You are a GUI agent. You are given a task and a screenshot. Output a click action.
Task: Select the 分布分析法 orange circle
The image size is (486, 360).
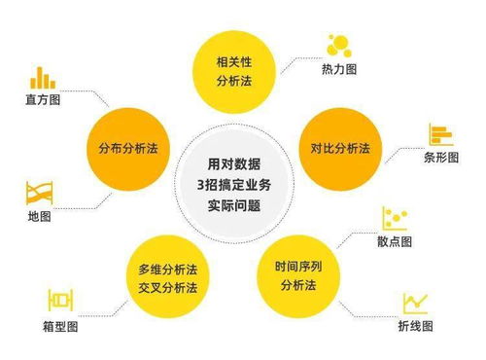pos(127,149)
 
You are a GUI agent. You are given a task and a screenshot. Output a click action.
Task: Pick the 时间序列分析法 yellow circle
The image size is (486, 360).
pos(299,274)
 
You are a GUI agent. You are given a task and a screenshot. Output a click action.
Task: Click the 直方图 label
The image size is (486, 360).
pos(39,99)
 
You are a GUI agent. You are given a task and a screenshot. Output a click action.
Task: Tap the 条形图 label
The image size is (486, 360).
pos(441,158)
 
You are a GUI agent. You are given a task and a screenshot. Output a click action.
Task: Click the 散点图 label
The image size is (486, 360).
pos(395,240)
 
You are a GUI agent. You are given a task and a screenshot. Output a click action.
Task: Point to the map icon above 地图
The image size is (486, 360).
pos(40,191)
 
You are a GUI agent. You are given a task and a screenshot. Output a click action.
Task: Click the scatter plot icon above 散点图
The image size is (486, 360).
pos(395,217)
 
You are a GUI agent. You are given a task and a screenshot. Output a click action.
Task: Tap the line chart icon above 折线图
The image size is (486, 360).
pos(416,302)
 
